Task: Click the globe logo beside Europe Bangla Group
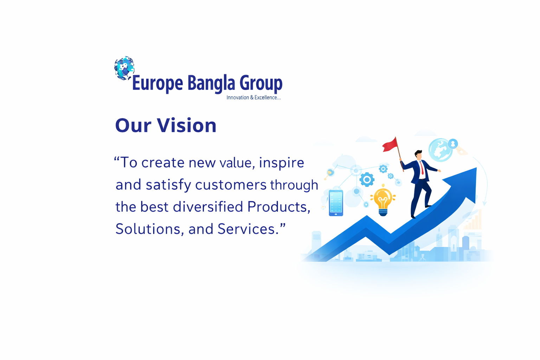coord(124,68)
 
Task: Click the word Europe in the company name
coord(157,83)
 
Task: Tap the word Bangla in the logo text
coord(211,83)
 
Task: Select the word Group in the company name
coord(261,83)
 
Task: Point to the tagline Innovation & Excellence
coord(253,97)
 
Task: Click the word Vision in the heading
coord(187,126)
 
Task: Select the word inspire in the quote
coord(282,163)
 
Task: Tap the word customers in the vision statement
coord(231,185)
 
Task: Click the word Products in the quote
coord(279,207)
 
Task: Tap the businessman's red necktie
coord(422,168)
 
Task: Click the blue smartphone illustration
coord(336,203)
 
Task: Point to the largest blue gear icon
coord(367,179)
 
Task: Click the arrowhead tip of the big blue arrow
coord(476,168)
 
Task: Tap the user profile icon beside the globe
coord(453,144)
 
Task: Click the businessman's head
coord(418,155)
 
